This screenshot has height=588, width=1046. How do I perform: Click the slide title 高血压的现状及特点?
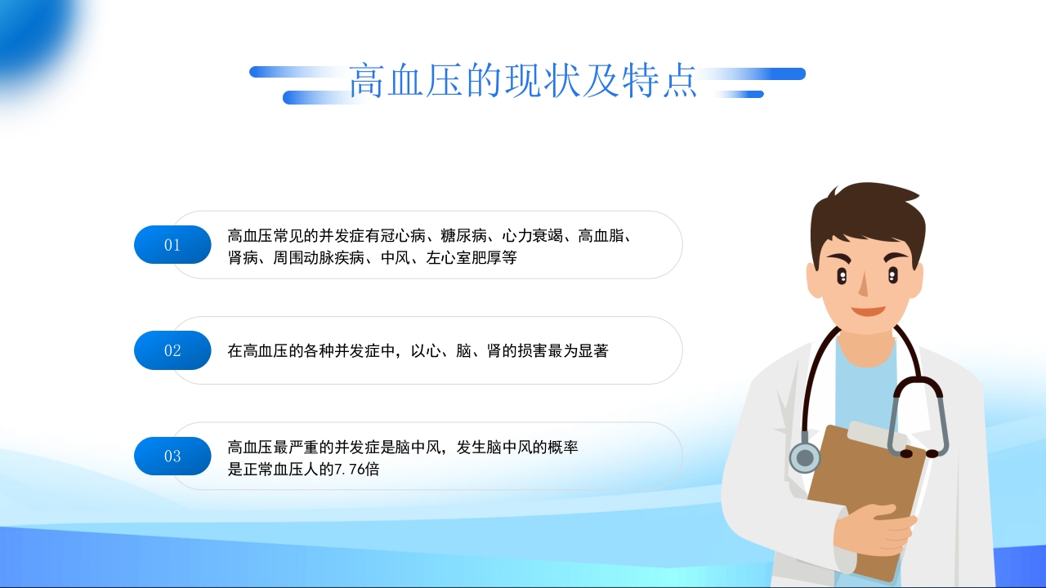(x=523, y=82)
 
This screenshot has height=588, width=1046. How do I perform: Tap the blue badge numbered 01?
(x=172, y=244)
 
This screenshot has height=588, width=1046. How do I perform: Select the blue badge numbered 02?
(x=172, y=350)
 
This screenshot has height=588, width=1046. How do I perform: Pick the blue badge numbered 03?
(x=172, y=456)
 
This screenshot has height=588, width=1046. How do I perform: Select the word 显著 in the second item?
(x=593, y=351)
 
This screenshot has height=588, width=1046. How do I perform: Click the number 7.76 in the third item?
(x=350, y=470)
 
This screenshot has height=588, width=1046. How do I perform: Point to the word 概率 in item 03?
(x=563, y=448)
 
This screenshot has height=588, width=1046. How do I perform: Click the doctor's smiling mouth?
(x=868, y=310)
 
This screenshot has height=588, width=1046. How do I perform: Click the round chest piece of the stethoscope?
(x=805, y=457)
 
